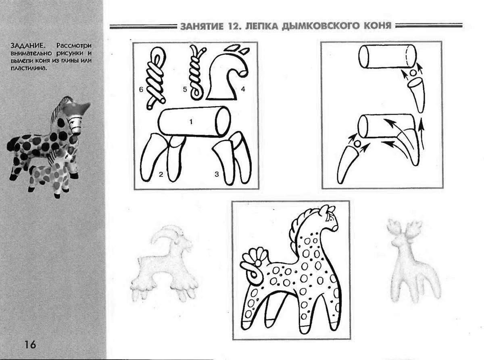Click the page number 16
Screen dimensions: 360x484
[x=30, y=344]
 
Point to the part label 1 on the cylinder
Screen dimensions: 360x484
[x=191, y=121]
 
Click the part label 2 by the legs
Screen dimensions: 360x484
[x=161, y=174]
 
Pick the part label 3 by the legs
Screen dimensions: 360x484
[x=217, y=174]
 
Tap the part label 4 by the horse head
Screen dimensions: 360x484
[x=243, y=89]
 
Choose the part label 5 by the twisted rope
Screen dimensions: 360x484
[x=185, y=89]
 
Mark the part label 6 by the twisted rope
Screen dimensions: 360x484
[x=141, y=90]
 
